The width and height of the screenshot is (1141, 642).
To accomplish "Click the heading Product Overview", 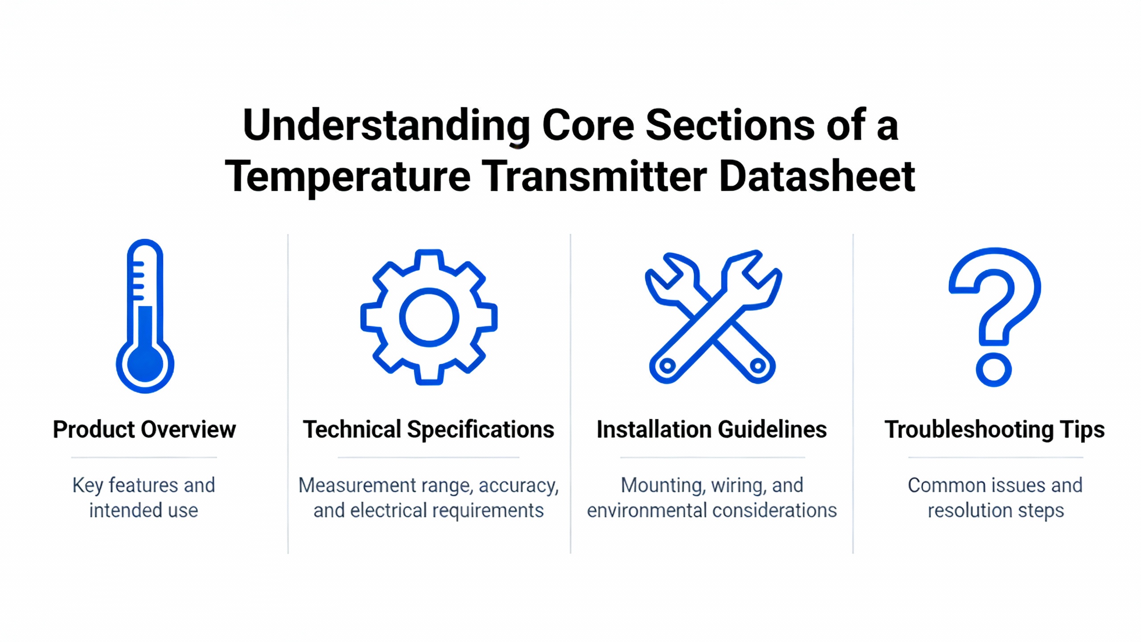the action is pos(144,429).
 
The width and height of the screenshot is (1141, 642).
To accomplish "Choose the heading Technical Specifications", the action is pos(428,429).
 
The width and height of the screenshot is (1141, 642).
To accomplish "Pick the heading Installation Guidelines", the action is pos(712,429).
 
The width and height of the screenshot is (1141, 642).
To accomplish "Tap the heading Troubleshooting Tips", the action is pos(995,429).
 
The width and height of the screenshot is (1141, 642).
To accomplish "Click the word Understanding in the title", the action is pos(386,126).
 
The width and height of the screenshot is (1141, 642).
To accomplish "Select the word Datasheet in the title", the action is pos(817,177).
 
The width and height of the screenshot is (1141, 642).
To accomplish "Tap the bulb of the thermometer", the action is pos(145,364).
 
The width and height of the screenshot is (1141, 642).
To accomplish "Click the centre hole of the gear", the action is pos(429,317).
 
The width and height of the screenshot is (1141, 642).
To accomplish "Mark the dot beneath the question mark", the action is pos(993,370).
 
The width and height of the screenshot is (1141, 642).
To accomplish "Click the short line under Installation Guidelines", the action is pos(712,457).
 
